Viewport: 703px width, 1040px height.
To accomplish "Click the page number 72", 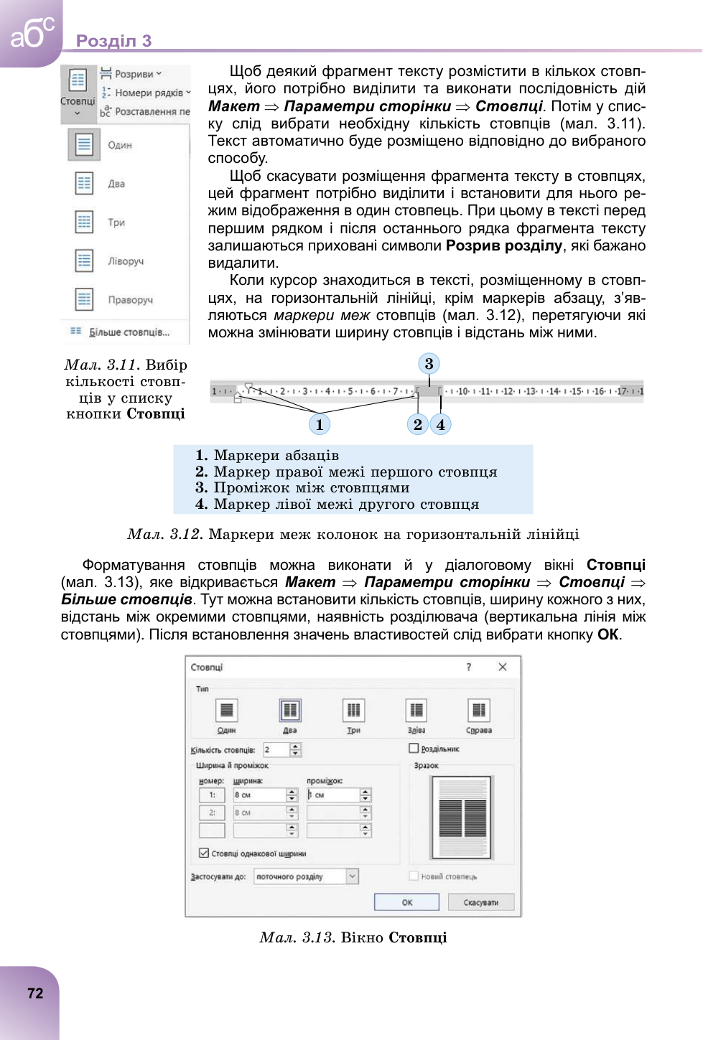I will tap(35, 993).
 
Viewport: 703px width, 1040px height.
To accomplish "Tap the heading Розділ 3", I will tap(113, 41).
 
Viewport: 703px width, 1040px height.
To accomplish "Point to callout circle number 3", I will tap(429, 364).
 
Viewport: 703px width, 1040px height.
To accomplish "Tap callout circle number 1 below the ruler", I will tap(320, 424).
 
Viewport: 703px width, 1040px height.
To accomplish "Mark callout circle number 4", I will tap(441, 424).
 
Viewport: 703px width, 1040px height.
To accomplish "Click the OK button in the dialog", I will tap(406, 902).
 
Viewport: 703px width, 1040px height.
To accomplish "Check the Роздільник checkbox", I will tap(414, 748).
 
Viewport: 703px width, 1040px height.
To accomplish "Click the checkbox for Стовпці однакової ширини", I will tap(204, 853).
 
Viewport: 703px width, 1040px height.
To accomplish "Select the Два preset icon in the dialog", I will tap(290, 711).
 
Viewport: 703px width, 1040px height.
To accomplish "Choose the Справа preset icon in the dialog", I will tap(478, 711).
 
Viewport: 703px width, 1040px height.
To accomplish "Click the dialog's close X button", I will tap(503, 667).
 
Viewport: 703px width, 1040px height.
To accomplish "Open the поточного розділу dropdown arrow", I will tap(353, 876).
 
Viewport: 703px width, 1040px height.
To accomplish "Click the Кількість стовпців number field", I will tap(276, 749).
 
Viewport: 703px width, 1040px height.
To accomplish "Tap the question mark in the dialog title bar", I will tap(469, 667).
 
